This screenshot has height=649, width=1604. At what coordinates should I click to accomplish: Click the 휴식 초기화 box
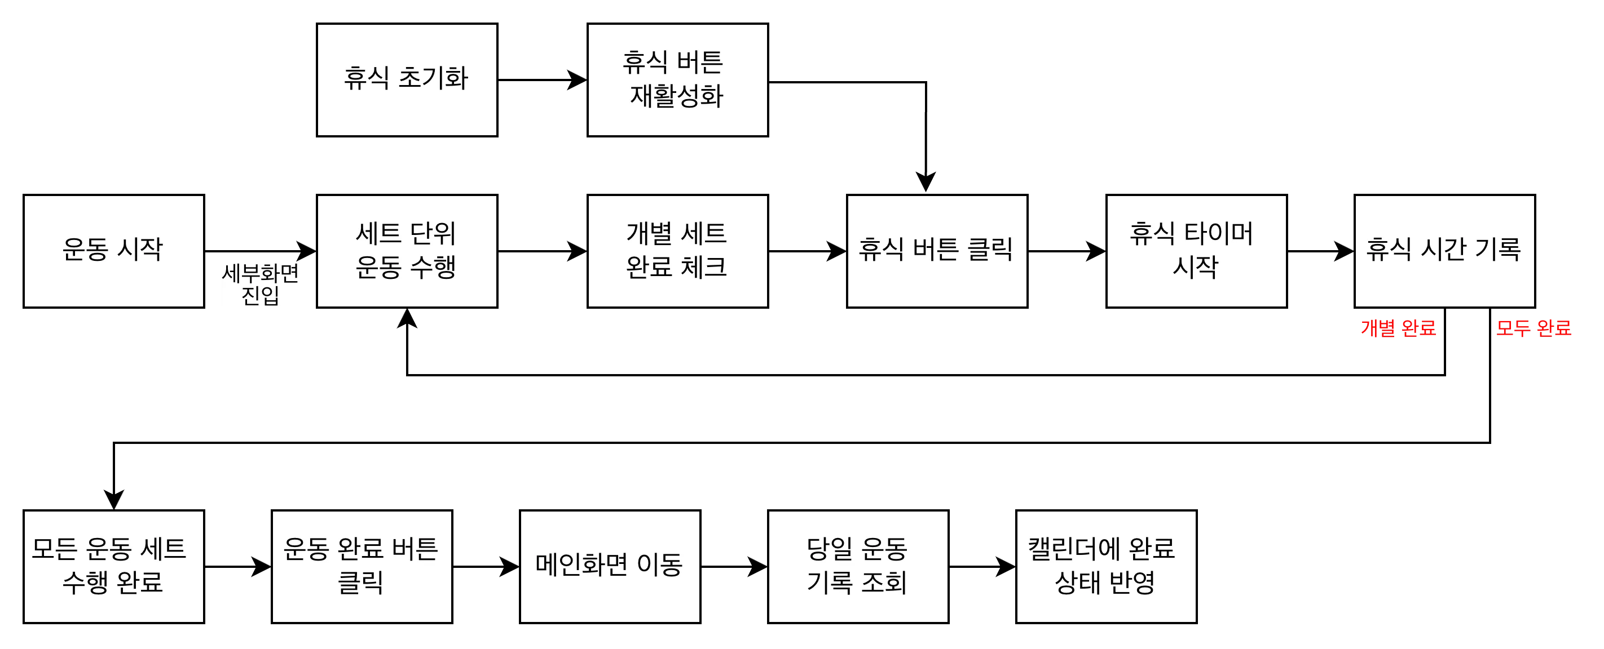407,79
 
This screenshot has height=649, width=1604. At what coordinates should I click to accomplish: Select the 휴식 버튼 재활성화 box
677,79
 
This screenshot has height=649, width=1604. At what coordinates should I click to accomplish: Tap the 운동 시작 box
113,251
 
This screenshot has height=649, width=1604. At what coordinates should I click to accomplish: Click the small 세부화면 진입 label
260,285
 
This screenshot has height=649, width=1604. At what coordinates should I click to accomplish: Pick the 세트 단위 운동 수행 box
407,251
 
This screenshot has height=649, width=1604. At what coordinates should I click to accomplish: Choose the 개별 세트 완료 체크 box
677,251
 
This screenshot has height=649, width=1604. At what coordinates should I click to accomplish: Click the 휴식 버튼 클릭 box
936,251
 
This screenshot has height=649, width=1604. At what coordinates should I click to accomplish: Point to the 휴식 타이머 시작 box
1196,251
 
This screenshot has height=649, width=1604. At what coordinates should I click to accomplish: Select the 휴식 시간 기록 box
1444,251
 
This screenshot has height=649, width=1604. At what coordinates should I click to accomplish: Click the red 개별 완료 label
1399,328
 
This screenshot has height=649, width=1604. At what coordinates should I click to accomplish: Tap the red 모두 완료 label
1534,328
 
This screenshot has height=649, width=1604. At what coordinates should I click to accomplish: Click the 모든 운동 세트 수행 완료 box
113,566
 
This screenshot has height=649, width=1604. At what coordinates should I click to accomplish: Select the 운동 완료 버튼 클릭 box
362,566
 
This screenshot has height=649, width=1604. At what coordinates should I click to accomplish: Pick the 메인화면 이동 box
610,566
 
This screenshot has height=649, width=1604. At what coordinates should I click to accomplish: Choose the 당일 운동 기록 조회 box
858,566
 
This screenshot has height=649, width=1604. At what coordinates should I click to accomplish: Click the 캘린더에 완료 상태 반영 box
1106,566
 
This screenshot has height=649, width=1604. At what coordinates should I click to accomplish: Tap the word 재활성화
677,96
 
